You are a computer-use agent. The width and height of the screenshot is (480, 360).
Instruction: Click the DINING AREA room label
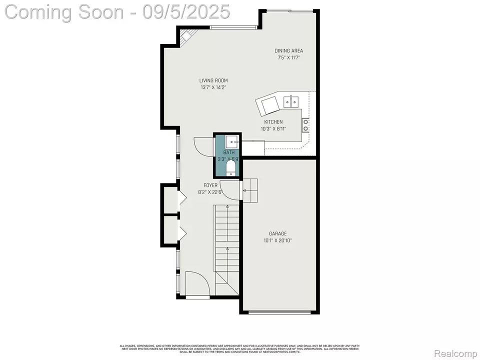(x=288, y=50)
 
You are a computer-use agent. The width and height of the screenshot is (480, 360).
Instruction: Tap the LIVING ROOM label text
(x=213, y=80)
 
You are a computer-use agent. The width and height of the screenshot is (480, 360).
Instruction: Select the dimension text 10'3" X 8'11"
(x=273, y=128)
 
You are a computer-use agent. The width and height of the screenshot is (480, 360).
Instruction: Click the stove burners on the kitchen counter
(x=305, y=123)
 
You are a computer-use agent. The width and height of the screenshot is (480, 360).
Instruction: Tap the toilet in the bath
(x=231, y=166)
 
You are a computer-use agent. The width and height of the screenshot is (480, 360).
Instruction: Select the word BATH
(x=228, y=152)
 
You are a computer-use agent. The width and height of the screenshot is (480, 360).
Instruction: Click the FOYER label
(x=210, y=185)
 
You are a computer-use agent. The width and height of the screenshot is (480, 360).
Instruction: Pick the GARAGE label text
(x=277, y=233)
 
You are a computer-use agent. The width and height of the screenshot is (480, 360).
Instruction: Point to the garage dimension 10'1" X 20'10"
(x=277, y=240)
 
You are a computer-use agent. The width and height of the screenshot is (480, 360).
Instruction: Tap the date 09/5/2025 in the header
(x=186, y=11)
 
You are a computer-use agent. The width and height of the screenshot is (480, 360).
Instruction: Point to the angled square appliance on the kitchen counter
(x=269, y=105)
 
